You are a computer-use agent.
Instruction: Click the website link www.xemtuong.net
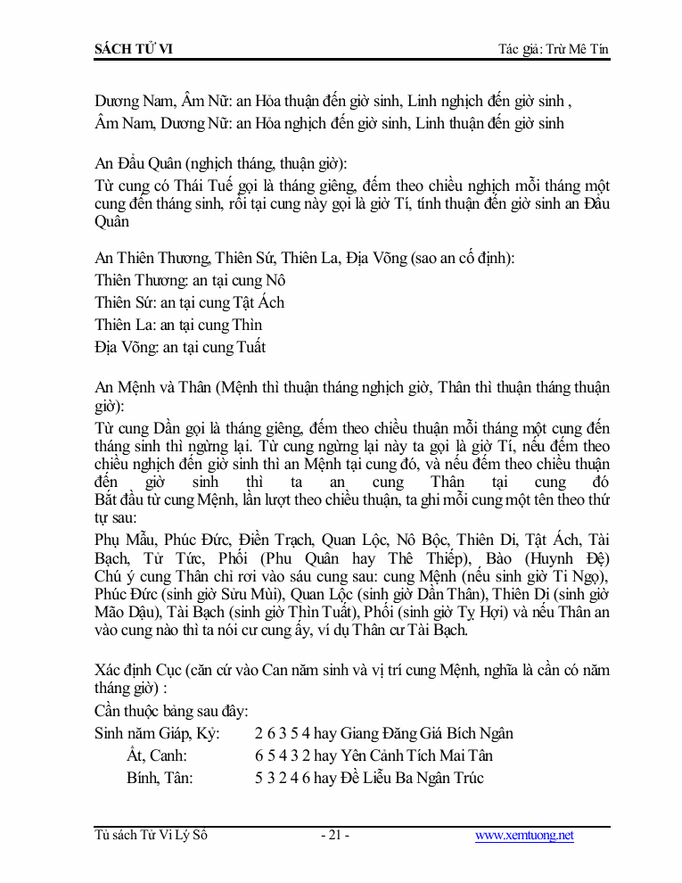click(524, 836)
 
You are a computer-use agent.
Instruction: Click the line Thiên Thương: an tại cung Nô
click(190, 280)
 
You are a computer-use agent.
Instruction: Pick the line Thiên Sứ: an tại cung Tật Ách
click(190, 302)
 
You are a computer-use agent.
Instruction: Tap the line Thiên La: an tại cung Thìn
click(178, 325)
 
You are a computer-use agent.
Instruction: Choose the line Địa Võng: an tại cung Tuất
click(180, 347)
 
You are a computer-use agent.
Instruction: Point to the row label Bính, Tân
click(160, 779)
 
